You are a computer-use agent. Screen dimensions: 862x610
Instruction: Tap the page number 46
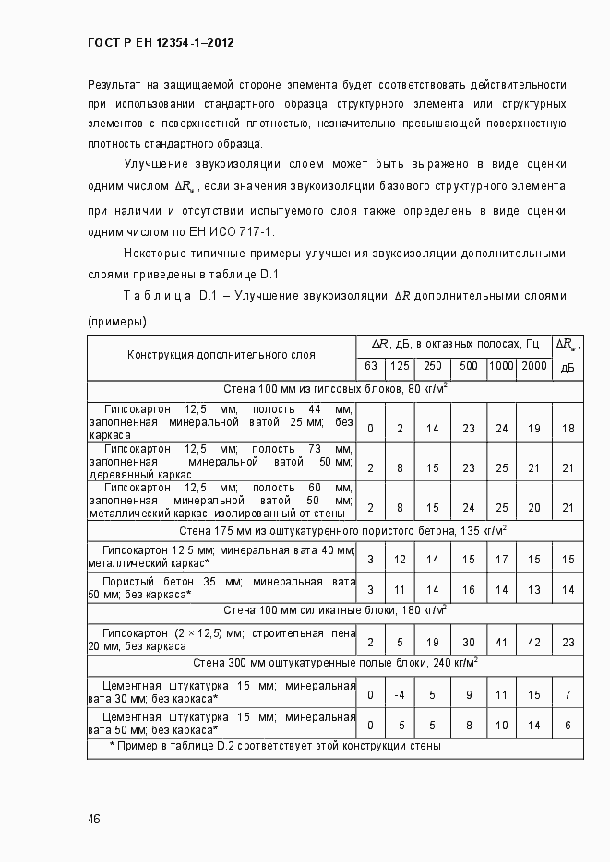[94, 820]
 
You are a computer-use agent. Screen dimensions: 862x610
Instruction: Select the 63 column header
[370, 366]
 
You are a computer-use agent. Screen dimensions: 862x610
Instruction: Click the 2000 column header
[532, 366]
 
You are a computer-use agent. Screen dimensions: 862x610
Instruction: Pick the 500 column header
[468, 366]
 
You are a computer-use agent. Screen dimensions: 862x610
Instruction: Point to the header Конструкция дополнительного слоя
[221, 354]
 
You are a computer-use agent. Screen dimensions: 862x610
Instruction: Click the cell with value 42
[532, 642]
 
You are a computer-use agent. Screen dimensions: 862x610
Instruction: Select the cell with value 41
[501, 642]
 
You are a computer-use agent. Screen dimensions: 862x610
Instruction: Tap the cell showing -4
[400, 694]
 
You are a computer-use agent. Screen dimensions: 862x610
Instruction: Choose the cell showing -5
[400, 725]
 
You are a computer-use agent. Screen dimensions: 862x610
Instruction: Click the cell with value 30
[468, 642]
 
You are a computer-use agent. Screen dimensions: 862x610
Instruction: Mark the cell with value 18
[568, 429]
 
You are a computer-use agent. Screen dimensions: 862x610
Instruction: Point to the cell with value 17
[501, 559]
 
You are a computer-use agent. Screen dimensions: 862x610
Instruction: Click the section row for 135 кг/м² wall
[336, 531]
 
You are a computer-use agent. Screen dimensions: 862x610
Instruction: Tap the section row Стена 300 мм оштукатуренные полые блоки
[336, 663]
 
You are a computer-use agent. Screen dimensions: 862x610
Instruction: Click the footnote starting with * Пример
[275, 746]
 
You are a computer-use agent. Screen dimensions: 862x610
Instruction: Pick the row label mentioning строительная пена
[221, 641]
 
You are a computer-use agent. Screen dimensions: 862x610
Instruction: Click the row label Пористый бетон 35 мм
[221, 588]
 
